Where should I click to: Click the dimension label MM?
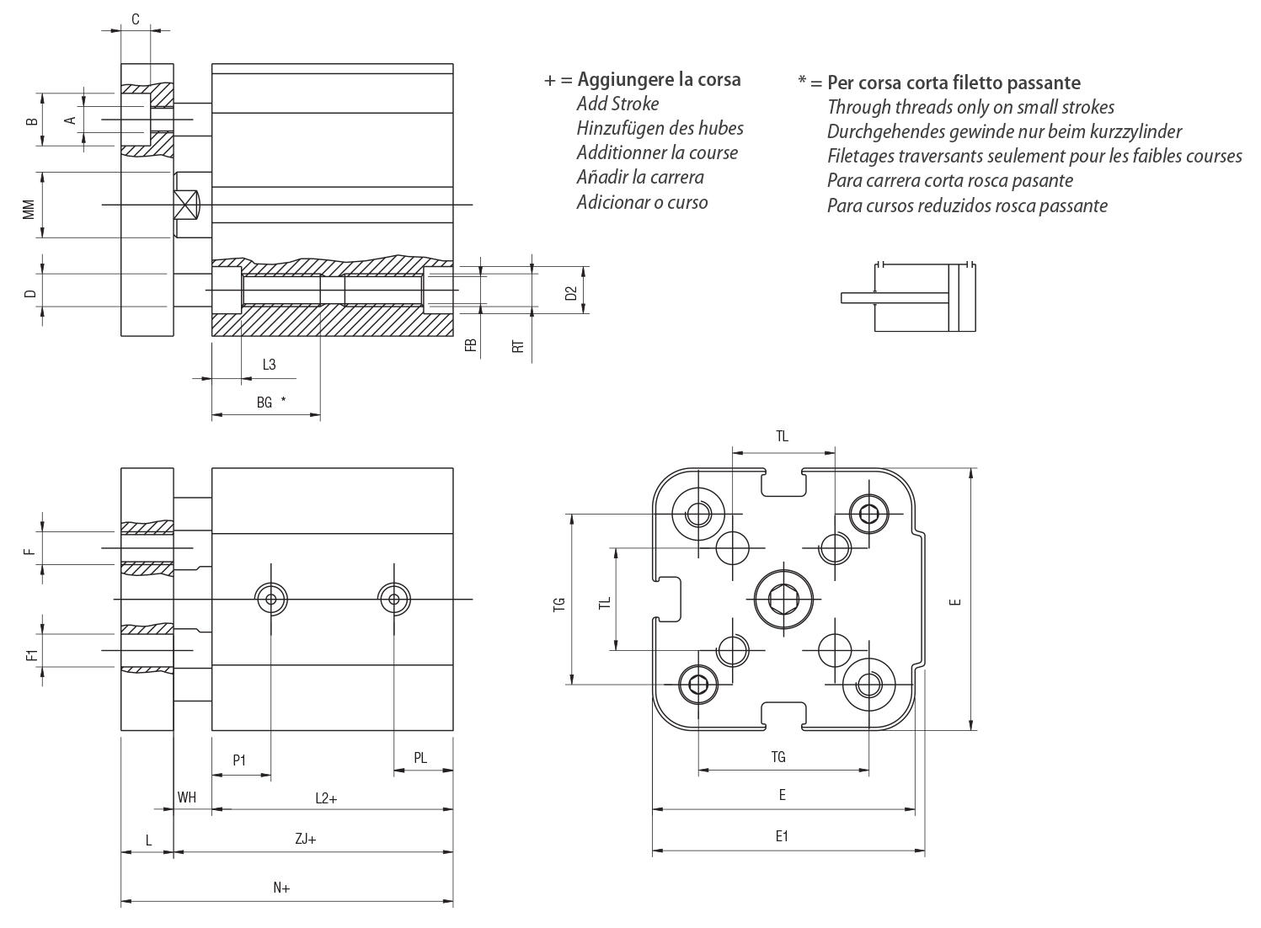coord(29,208)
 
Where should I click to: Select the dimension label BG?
coord(264,403)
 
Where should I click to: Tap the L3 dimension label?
coord(269,365)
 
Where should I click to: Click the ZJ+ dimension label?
coord(306,839)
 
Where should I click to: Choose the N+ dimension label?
coord(281,888)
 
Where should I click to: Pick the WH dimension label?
coord(187,797)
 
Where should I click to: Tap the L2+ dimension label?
coord(326,797)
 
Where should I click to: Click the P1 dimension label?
coord(239,760)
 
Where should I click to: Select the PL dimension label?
coord(420,758)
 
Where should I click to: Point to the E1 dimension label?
coord(782,836)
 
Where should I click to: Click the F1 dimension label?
coord(32,654)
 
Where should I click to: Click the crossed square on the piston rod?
coord(186,205)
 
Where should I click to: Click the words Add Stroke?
coord(617,104)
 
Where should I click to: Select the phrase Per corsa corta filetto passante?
coord(954,83)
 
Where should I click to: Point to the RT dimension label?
coord(519,345)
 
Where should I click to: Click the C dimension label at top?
coord(135,19)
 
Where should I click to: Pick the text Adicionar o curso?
coord(642,202)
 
